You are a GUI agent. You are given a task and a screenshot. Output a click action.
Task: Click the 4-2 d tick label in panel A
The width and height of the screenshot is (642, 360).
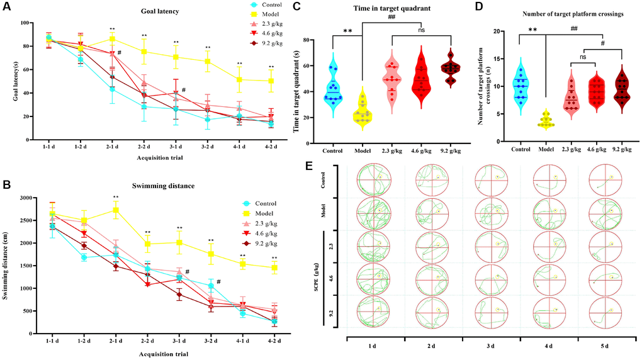tap(272, 149)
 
